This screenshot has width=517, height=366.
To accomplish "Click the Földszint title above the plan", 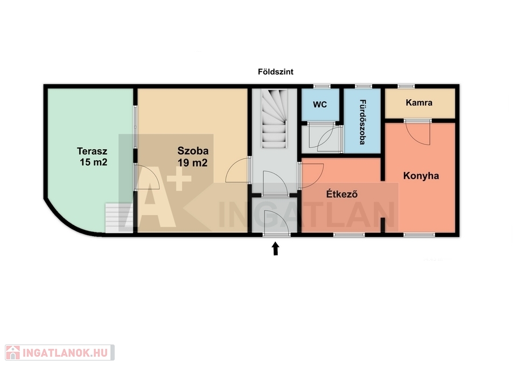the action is click(276, 72).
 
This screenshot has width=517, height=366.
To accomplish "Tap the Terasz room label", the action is click(92, 151).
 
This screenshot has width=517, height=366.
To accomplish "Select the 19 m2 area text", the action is click(193, 162).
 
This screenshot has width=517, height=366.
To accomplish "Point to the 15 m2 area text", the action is click(94, 162).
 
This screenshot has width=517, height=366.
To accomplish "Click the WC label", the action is click(320, 105).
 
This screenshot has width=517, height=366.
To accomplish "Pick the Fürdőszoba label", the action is click(362, 122).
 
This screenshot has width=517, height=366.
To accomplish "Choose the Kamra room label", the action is click(419, 102).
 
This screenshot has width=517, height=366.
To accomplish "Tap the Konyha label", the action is click(421, 176).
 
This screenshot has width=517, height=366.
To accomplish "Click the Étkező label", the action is click(342, 194).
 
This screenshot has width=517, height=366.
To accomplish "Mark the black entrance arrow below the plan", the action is click(275, 248).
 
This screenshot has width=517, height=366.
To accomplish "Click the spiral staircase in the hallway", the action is click(274, 119).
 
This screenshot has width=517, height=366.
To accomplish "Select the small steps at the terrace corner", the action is click(119, 218).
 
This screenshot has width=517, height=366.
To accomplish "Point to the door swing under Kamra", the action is click(418, 133).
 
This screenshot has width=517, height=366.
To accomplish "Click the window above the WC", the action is click(322, 86).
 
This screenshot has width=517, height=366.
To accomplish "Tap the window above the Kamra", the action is click(406, 86).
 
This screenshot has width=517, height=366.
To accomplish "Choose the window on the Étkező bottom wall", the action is click(349, 234).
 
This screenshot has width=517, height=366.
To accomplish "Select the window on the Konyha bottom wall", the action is click(419, 234).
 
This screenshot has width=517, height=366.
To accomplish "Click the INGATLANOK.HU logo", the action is click(60, 353).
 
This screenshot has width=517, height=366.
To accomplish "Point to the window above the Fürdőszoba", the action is click(364, 86).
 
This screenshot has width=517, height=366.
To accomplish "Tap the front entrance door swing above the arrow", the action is click(276, 223).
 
